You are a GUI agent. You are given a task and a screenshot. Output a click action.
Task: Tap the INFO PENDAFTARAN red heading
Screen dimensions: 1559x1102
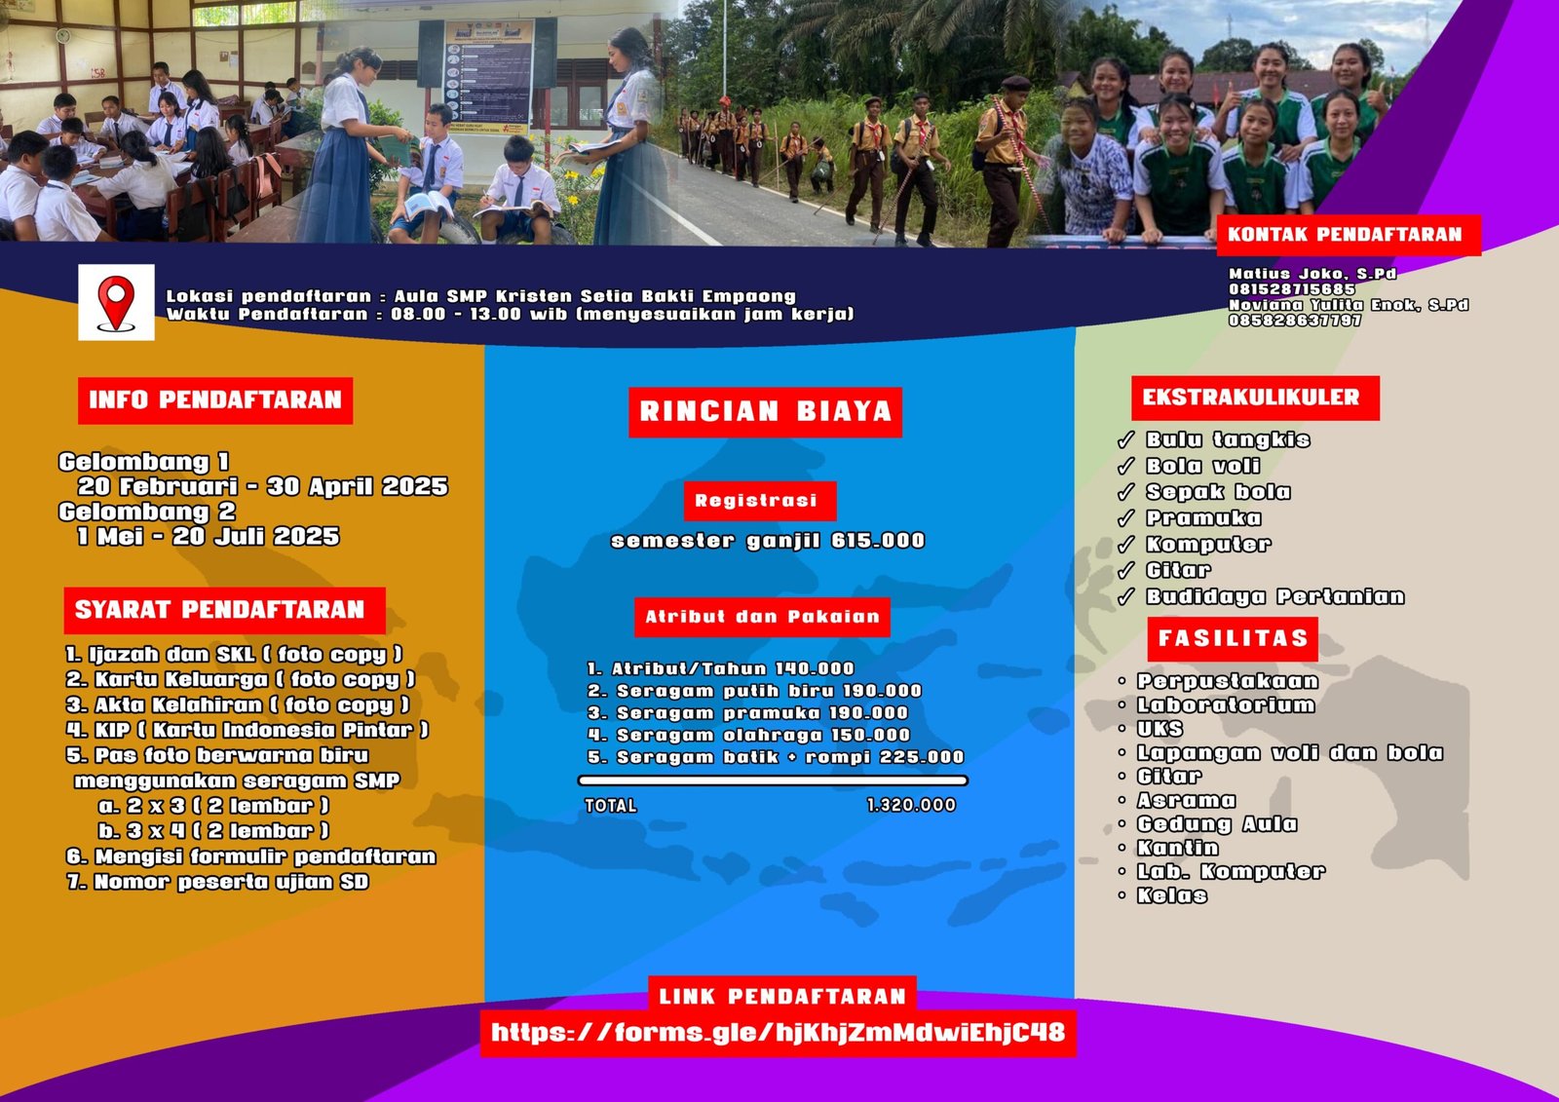(215, 400)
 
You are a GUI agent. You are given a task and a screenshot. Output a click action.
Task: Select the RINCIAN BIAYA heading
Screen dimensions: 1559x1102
(765, 412)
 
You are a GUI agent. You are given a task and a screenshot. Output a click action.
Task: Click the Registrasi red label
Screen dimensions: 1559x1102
(759, 501)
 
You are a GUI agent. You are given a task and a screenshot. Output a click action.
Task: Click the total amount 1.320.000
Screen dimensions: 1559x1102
(911, 806)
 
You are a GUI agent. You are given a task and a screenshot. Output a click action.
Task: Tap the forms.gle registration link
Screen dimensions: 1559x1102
(778, 1033)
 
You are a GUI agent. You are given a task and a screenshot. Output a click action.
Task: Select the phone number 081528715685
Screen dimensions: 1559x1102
(1291, 289)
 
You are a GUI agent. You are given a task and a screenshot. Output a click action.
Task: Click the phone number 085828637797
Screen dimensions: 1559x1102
(1295, 321)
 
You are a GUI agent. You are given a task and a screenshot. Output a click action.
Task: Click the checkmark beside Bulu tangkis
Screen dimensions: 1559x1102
(1125, 440)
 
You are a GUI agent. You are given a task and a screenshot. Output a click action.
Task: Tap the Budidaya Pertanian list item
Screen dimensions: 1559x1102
(1275, 596)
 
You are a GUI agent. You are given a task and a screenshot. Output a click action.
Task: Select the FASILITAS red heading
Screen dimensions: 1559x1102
(1233, 639)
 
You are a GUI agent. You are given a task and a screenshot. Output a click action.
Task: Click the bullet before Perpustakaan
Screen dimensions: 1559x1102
(1122, 681)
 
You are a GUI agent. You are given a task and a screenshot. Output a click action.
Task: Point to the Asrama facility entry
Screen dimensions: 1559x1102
(1187, 801)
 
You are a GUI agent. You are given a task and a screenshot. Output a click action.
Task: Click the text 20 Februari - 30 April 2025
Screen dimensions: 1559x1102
(262, 486)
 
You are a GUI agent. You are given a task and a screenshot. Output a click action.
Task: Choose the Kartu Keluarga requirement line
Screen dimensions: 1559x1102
(241, 679)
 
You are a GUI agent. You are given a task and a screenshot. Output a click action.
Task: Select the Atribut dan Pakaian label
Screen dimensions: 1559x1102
(762, 617)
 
